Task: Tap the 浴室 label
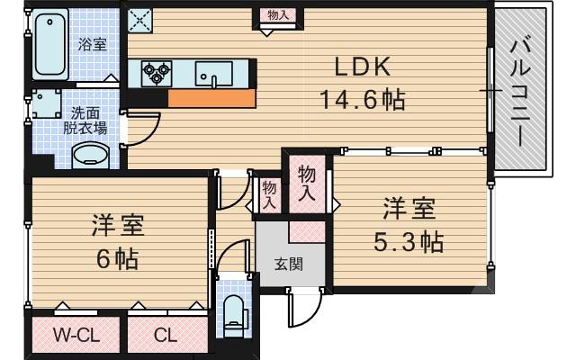tap(93, 44)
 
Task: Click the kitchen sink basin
tap(214, 72)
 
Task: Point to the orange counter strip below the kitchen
tap(211, 98)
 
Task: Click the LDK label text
tap(362, 67)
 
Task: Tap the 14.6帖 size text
tap(363, 99)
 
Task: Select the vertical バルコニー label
tap(521, 90)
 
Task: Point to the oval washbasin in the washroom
tap(91, 156)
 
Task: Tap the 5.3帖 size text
tap(409, 241)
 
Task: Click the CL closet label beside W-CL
tap(165, 337)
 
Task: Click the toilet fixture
tap(232, 311)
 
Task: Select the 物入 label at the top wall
tap(278, 15)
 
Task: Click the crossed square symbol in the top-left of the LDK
tap(139, 19)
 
